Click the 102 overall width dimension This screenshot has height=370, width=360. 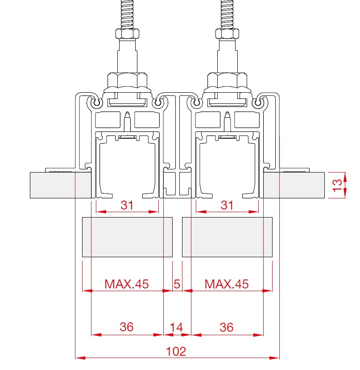(176, 352)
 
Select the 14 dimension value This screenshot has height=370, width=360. (176, 328)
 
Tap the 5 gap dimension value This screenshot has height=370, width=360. (177, 284)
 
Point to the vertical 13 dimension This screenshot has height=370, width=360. (337, 185)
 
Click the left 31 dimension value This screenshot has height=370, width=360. (127, 206)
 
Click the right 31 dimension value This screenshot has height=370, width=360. (227, 206)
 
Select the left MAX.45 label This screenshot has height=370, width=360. (127, 284)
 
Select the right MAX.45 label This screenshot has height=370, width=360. (227, 284)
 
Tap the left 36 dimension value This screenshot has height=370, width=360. (127, 327)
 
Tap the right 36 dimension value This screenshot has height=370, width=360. (227, 328)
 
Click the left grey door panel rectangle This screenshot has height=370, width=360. (127, 237)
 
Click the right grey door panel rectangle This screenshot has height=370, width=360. (227, 237)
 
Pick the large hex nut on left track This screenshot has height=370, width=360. (127, 81)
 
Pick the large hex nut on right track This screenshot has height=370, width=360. (227, 81)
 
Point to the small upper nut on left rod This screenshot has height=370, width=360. (127, 33)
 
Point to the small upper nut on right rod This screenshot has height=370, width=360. (227, 33)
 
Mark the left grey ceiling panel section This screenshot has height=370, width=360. (61, 185)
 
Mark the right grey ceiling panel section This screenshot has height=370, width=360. (294, 185)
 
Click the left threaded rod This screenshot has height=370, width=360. (127, 14)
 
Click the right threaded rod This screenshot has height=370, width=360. (227, 14)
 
